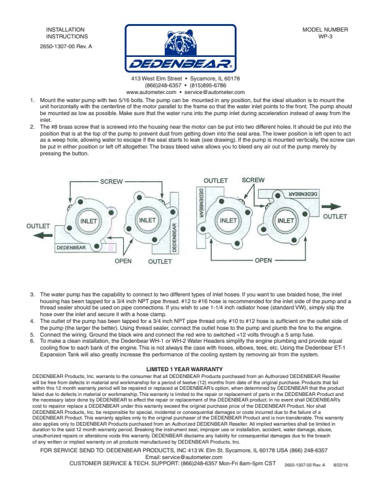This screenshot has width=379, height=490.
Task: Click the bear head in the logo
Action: pyautogui.click(x=180, y=42)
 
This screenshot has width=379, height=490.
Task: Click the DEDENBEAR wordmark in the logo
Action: pyautogui.click(x=180, y=64)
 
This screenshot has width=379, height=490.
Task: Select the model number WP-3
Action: pyautogui.click(x=325, y=37)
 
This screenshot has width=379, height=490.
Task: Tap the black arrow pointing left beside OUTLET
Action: pyautogui.click(x=43, y=235)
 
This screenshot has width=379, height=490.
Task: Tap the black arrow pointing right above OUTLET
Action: pyautogui.click(x=331, y=207)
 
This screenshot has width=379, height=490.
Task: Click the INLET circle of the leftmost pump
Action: pyautogui.click(x=89, y=221)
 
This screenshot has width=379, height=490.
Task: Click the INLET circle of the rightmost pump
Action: pyautogui.click(x=285, y=221)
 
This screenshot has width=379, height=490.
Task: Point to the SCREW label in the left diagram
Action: pyautogui.click(x=111, y=181)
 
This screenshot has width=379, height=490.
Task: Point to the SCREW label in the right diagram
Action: pyautogui.click(x=253, y=180)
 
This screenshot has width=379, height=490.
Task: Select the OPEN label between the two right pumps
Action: pyautogui.click(x=263, y=260)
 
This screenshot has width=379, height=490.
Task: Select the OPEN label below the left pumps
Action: pyautogui.click(x=123, y=261)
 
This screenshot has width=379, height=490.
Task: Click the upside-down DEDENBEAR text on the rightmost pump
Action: pyautogui.click(x=302, y=194)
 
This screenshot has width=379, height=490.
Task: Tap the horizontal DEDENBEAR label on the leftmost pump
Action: pyautogui.click(x=71, y=247)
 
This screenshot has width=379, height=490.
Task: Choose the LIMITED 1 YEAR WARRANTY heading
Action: pyautogui.click(x=185, y=369)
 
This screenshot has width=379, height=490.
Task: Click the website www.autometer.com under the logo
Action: pyautogui.click(x=151, y=92)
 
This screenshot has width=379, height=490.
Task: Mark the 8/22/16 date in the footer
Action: pyautogui.click(x=341, y=465)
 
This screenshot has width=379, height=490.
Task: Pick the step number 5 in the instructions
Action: pyautogui.click(x=32, y=335)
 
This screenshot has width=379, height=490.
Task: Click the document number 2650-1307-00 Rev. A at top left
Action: pyautogui.click(x=66, y=46)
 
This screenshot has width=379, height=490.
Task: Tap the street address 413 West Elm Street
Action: pyautogui.click(x=156, y=79)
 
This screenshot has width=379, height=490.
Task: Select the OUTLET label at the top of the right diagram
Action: pyautogui.click(x=216, y=181)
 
